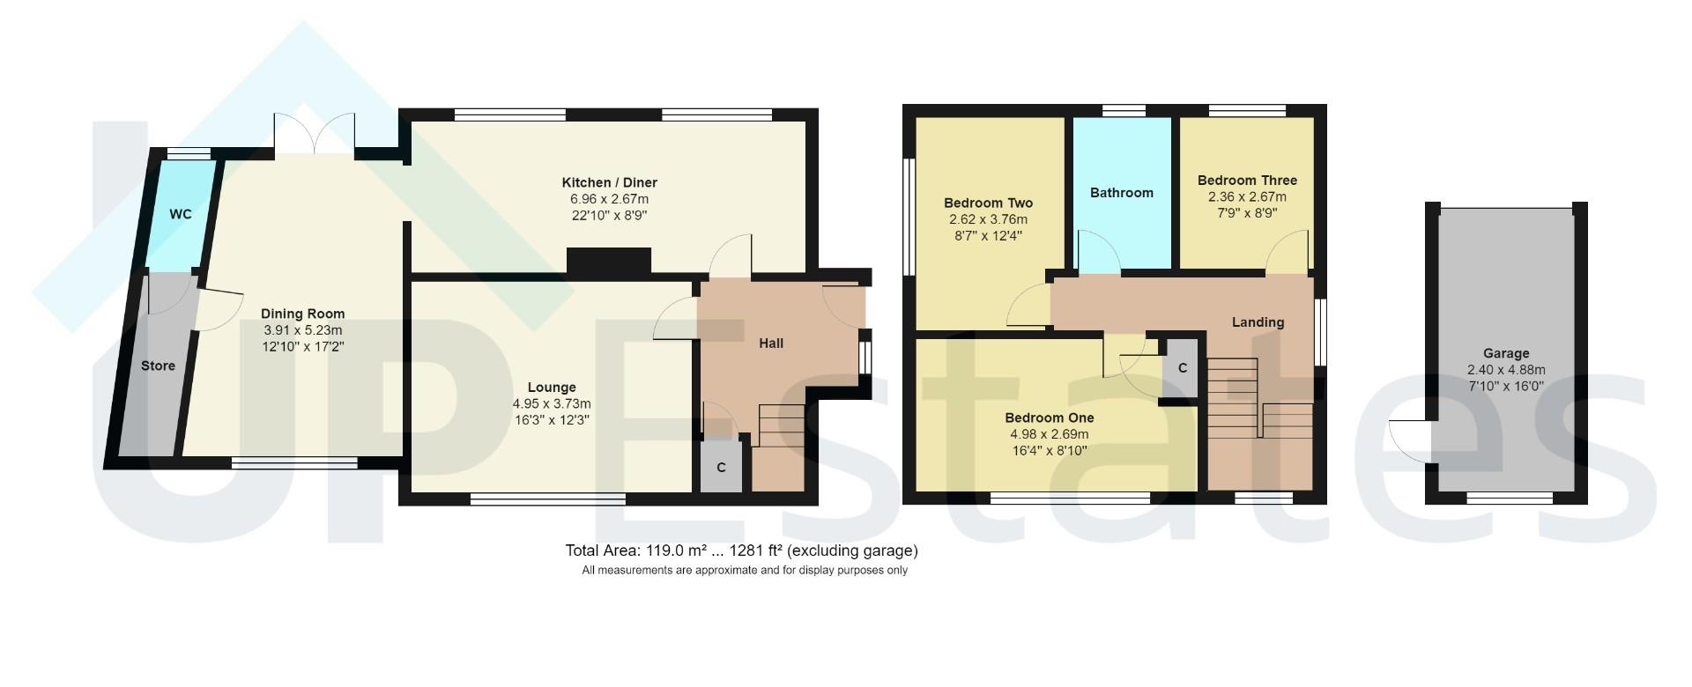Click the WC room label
181,214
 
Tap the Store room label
158,366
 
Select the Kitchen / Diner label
609,182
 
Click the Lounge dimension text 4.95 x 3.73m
552,403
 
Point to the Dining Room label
302,314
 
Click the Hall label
771,343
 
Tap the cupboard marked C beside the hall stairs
721,467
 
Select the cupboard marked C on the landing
1183,368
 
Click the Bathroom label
1121,193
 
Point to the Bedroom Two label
988,203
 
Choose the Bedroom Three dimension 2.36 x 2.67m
1246,196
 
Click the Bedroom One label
1049,417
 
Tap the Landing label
1258,322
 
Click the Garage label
1505,353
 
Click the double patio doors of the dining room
315,137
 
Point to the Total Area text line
741,550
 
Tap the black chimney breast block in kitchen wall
608,262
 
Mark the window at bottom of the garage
1509,499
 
